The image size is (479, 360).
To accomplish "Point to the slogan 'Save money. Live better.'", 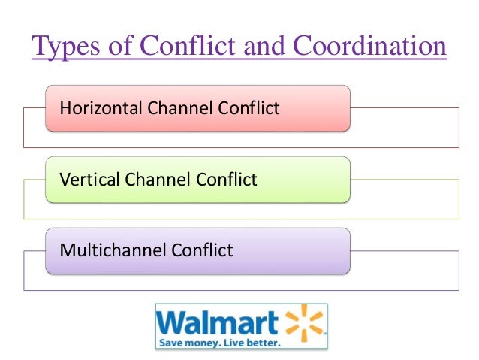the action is [218, 343].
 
